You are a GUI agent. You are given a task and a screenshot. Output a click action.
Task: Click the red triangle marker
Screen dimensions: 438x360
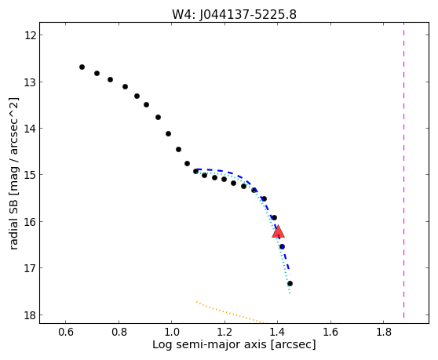[278, 231]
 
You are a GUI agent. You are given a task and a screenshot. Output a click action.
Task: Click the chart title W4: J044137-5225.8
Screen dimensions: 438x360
[234, 14]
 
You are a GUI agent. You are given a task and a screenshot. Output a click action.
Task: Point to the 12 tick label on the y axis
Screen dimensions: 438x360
[30, 35]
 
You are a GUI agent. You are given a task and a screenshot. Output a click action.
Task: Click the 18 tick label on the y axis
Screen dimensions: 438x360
[30, 315]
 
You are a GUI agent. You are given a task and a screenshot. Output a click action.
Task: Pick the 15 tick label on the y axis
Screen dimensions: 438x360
[30, 175]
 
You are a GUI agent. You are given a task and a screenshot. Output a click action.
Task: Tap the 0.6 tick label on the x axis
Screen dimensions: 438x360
[66, 332]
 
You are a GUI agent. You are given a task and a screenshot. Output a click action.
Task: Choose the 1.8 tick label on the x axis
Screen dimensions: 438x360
[384, 332]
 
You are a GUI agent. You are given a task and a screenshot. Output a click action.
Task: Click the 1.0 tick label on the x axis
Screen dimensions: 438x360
[172, 332]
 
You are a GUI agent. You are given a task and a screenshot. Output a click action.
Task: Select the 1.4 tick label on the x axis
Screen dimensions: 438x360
[277, 332]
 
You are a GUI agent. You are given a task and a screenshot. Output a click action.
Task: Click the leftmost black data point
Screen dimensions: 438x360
[82, 67]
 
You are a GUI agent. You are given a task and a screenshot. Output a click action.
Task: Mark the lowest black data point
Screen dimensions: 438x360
[290, 284]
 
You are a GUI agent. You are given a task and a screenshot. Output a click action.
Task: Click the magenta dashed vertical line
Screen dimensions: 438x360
[403, 170]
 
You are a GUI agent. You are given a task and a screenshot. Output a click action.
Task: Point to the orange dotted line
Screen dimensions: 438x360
[230, 312]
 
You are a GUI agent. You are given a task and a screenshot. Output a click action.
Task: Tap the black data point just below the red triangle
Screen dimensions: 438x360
[282, 246]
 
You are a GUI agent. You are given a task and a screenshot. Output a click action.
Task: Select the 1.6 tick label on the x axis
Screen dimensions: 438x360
[330, 332]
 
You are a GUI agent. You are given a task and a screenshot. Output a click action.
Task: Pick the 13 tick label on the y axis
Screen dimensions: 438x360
[30, 82]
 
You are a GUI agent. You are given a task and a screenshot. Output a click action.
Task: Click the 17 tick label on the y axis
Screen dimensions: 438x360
[30, 268]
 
